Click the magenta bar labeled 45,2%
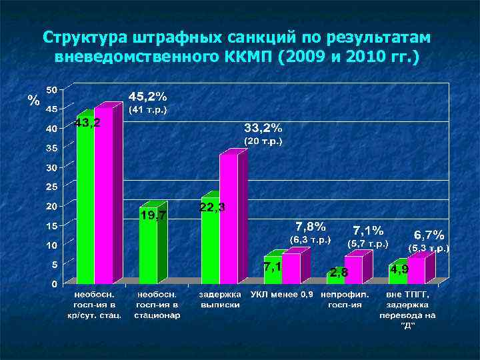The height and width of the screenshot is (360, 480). [x=103, y=193]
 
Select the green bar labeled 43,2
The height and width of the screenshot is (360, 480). [x=85, y=200]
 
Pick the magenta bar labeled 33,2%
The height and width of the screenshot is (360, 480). [x=229, y=217]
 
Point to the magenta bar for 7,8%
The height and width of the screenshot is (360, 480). [x=291, y=268]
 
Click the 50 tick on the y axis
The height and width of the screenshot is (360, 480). [x=51, y=89]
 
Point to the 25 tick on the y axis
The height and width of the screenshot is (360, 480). [x=51, y=187]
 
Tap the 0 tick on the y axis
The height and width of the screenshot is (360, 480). [x=54, y=284]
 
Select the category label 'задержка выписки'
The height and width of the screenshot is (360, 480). [x=219, y=299]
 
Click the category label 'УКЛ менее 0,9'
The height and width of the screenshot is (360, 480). [x=281, y=294]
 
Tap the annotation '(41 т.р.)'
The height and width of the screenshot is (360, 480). [x=147, y=109]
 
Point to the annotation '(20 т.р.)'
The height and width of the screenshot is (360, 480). [x=263, y=141]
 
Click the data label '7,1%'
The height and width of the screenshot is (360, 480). [x=368, y=230]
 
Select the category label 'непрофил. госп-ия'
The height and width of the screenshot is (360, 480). [x=344, y=299]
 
